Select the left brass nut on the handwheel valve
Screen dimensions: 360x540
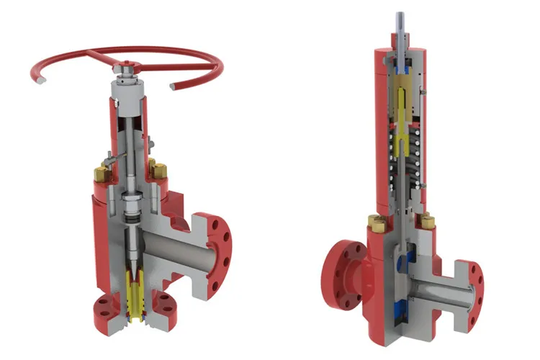[x=99, y=173]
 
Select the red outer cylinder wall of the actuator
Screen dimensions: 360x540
[x=381, y=130]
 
